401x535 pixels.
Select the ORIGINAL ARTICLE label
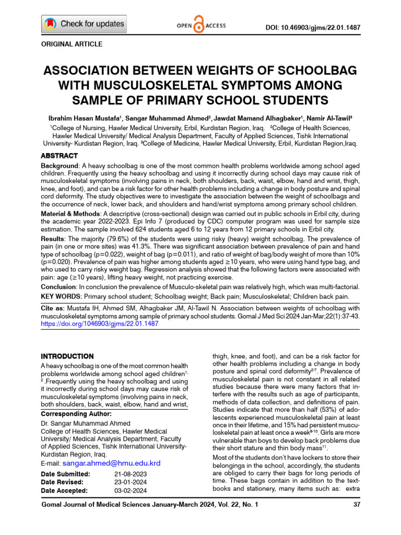(x=72, y=44)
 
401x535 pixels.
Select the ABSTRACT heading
(x=60, y=156)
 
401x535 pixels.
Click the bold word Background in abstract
(x=60, y=165)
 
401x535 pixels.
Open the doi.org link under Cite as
(x=100, y=323)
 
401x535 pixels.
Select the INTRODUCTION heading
(x=67, y=356)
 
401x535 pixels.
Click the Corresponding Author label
(x=76, y=414)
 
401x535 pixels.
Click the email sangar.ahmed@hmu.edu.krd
(x=111, y=463)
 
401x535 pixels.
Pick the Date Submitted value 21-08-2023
(x=131, y=474)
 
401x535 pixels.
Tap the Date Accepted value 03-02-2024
(x=131, y=491)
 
